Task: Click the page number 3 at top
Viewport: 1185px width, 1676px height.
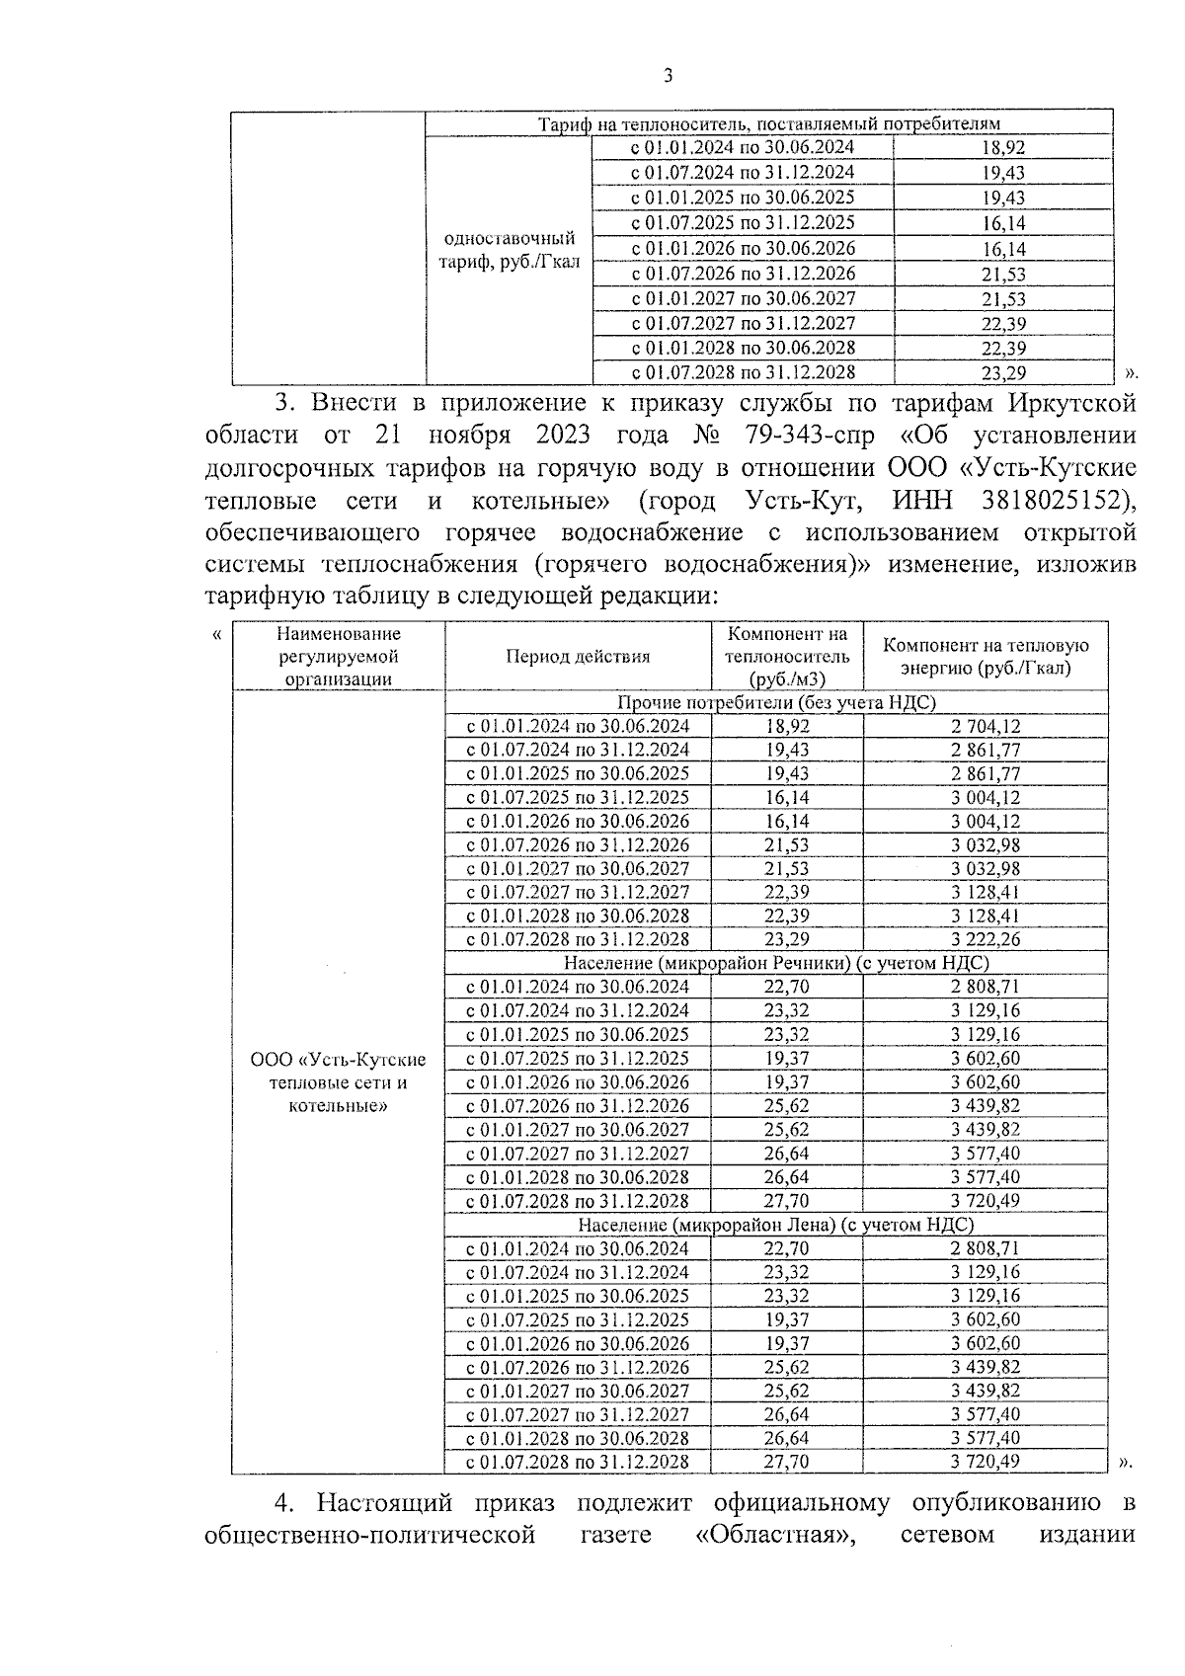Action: tap(669, 76)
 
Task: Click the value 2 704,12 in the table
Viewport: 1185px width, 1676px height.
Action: tap(986, 726)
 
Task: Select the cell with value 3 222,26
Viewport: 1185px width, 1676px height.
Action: tap(986, 939)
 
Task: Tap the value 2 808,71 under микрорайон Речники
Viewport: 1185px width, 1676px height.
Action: tap(986, 987)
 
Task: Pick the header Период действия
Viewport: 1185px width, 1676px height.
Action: tap(578, 656)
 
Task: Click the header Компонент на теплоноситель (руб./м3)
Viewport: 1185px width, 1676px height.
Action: tap(786, 656)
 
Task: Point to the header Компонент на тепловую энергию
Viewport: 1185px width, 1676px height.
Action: tap(985, 656)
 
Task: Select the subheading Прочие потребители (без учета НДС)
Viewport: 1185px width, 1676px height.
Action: tap(776, 702)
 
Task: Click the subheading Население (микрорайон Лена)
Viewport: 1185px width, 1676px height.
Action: tap(776, 1225)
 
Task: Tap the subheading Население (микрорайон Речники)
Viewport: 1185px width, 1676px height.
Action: tap(776, 963)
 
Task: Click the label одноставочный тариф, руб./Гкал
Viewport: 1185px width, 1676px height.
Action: tap(509, 251)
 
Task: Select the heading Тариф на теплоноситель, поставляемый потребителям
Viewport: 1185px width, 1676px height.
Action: tap(768, 123)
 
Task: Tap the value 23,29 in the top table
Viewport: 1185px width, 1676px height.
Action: tap(1003, 373)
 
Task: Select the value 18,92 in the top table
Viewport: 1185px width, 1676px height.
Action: tap(1003, 148)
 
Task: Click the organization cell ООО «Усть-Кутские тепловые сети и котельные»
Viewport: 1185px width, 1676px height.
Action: tap(338, 1082)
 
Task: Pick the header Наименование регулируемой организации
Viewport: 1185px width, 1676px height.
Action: tap(338, 656)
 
